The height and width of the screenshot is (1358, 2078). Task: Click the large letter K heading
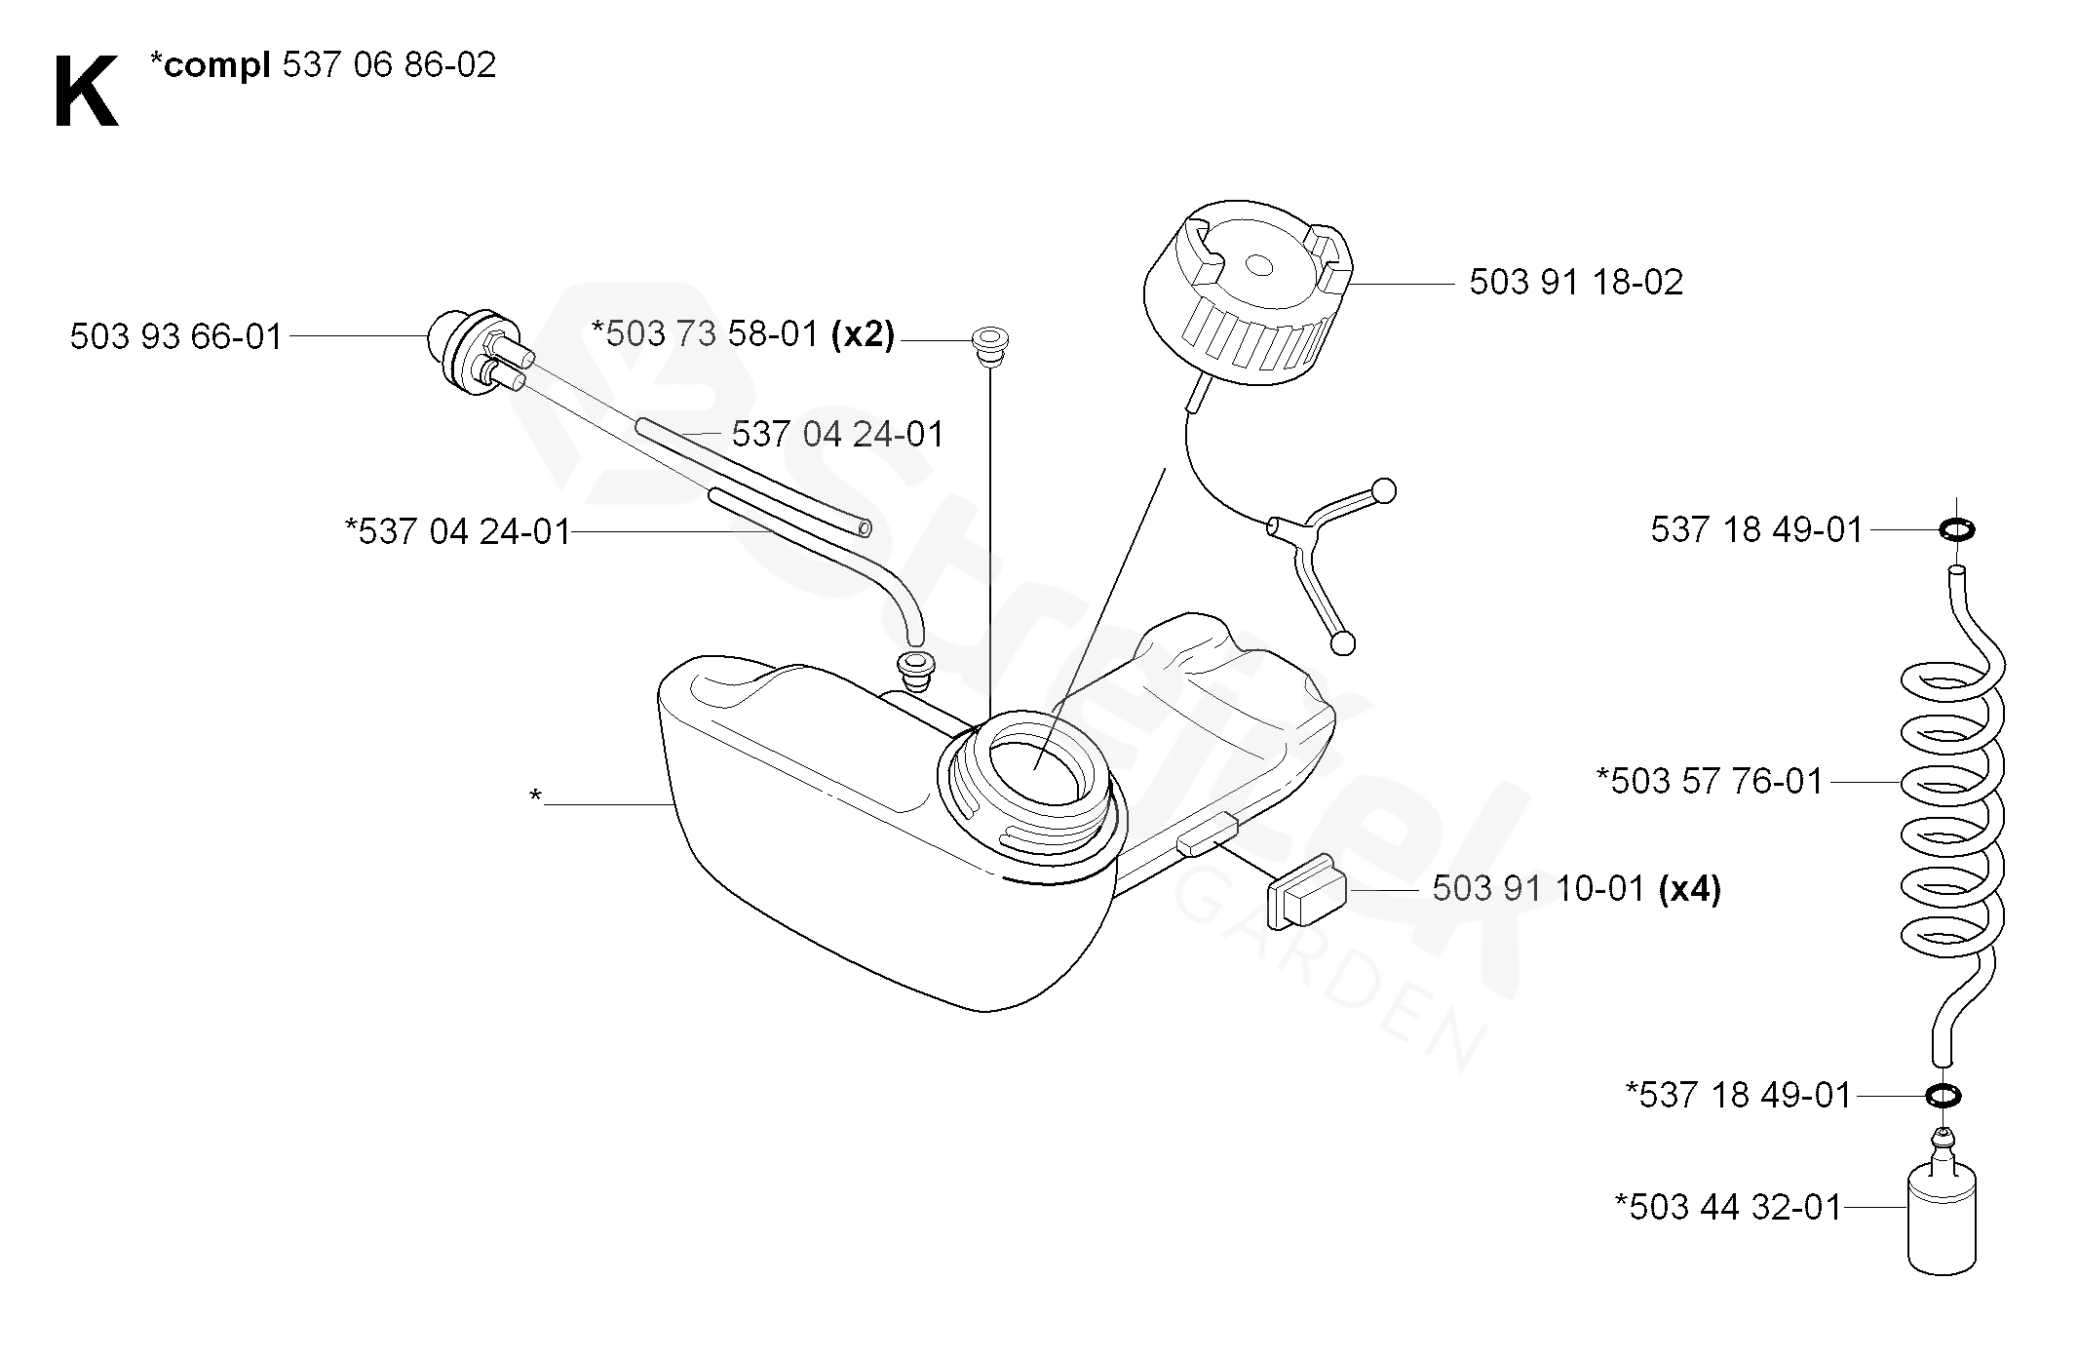(86, 93)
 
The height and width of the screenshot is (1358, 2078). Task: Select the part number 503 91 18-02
(1575, 283)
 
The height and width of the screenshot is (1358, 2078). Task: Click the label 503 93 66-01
(176, 337)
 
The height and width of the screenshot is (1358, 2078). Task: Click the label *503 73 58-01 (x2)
(743, 334)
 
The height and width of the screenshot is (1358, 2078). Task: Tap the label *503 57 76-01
(1709, 781)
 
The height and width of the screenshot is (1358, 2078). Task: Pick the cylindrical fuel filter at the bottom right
(1941, 1220)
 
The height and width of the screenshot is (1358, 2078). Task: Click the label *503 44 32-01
(1727, 1208)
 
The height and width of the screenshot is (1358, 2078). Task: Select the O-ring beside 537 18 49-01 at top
(1956, 530)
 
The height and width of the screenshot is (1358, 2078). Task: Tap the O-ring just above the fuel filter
(1943, 1095)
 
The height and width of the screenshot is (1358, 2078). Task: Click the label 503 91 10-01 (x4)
(1575, 889)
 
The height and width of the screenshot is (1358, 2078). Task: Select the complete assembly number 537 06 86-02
(389, 65)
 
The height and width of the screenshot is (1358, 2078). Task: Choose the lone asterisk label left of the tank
(535, 797)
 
